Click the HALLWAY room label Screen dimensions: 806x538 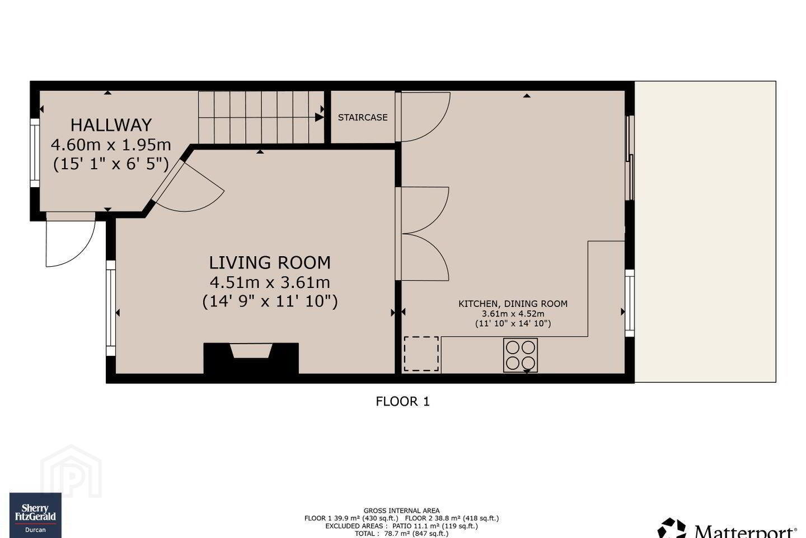coord(111,125)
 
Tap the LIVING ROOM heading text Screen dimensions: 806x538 coord(270,263)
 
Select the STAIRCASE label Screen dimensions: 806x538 coord(363,118)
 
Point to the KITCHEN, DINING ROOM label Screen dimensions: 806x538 coord(513,304)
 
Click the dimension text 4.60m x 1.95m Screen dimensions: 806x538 coord(111,145)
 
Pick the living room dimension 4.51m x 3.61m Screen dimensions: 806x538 coord(270,282)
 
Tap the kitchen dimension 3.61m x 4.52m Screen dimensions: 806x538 coord(513,314)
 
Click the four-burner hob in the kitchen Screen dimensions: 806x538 coord(521,355)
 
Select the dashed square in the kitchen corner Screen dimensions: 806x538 coord(421,354)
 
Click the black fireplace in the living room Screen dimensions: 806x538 coord(251,358)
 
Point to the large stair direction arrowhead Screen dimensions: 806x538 coord(319,117)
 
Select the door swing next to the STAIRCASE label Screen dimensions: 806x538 coord(423,117)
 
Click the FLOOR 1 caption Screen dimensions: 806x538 coord(402,401)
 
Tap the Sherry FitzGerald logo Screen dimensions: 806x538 coord(35,515)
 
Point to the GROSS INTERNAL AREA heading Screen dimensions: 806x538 coord(401,511)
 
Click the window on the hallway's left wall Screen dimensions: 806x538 coord(35,153)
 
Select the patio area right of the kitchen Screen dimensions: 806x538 coord(705,231)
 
